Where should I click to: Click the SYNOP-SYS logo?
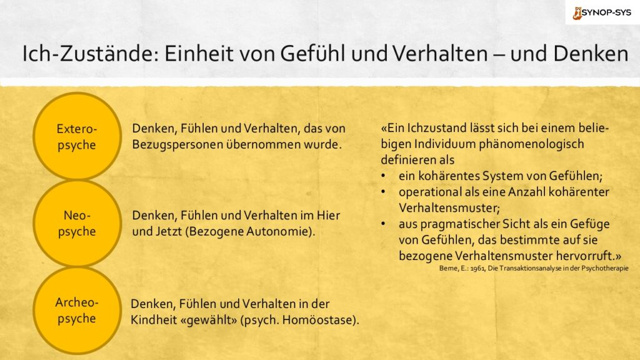point(602,12)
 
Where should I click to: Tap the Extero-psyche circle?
point(77,136)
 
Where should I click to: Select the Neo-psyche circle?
point(77,223)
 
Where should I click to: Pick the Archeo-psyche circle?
point(77,310)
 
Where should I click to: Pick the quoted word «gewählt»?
point(211,320)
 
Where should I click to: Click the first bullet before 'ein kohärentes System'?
point(383,176)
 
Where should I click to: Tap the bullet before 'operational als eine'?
point(383,192)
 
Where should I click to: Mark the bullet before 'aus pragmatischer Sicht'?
point(383,224)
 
